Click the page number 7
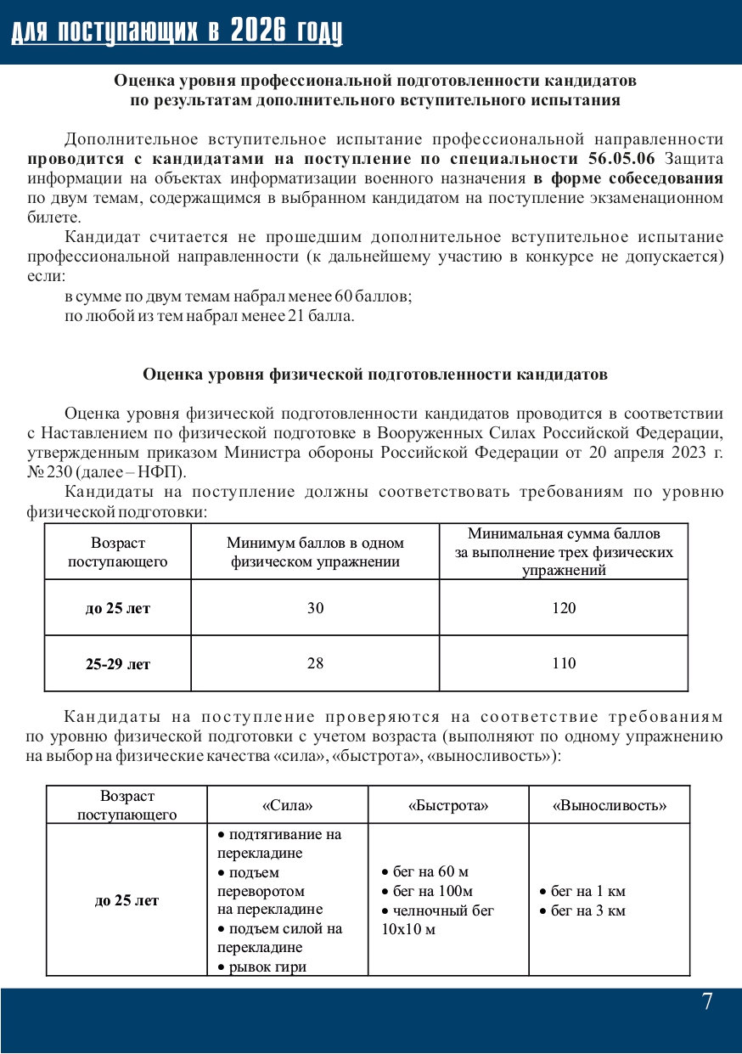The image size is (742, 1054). click(707, 1002)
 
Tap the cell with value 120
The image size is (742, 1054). click(564, 608)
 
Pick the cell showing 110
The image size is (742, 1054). click(564, 663)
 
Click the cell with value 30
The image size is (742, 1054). click(315, 608)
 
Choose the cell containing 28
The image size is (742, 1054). click(315, 663)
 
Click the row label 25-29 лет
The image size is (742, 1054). click(117, 664)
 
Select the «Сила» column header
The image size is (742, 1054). click(287, 805)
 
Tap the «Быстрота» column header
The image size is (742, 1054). click(448, 805)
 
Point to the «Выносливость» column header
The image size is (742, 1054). click(610, 805)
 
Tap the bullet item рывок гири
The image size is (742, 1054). click(266, 967)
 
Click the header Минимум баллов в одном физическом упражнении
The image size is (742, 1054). click(315, 552)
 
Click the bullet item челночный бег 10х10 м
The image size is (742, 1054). click(438, 920)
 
